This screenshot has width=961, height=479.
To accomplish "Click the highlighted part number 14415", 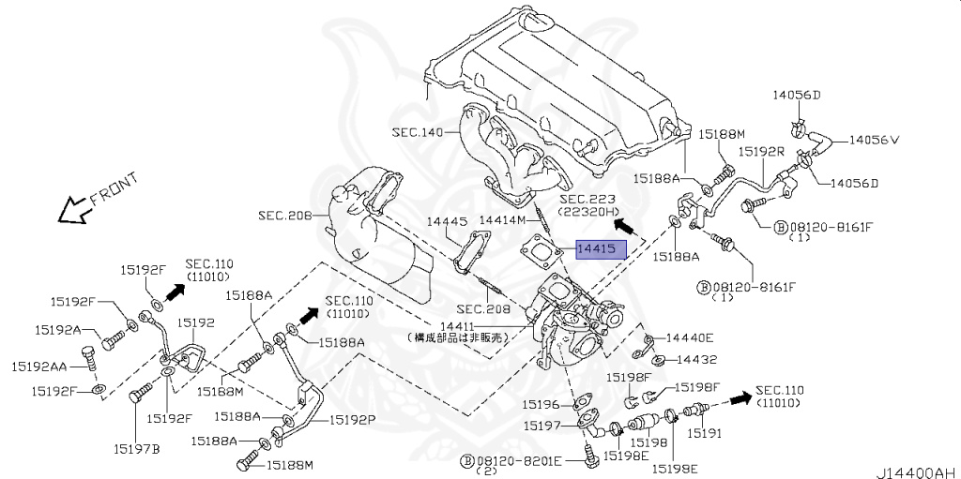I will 595,249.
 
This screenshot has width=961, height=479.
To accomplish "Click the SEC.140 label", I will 418,132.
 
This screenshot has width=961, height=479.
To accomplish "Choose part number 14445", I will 447,221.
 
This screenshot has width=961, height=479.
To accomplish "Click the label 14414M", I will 504,219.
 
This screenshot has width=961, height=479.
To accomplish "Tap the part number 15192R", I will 759,150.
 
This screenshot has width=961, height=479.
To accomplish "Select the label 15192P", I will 352,420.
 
